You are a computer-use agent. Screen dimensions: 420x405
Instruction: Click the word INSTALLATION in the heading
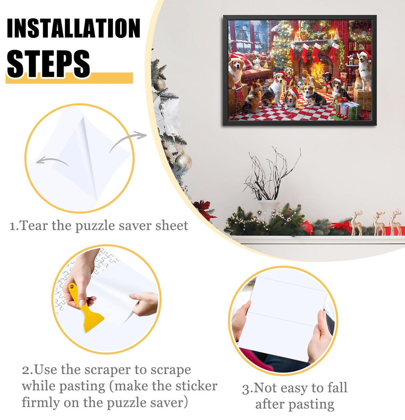tap(73, 28)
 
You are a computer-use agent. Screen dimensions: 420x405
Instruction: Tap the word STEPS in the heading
tap(49, 63)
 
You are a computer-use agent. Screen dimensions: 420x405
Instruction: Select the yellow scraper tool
tap(85, 311)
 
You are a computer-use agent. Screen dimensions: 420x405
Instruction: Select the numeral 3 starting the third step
tap(246, 389)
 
